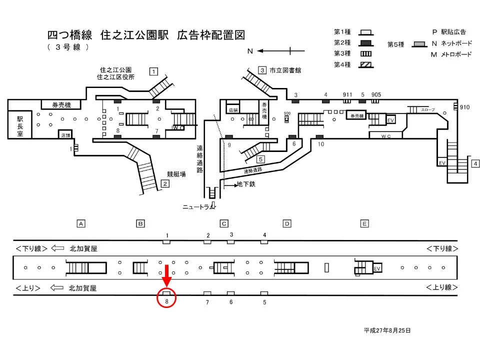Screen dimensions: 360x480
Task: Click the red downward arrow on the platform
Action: pyautogui.click(x=166, y=274)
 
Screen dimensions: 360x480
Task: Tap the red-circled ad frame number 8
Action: pyautogui.click(x=166, y=298)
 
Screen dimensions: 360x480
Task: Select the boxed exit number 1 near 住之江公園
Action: pyautogui.click(x=154, y=71)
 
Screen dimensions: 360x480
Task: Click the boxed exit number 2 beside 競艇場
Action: pyautogui.click(x=164, y=183)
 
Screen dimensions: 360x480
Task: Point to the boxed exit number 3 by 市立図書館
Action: pyautogui.click(x=261, y=70)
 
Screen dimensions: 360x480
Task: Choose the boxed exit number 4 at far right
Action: pyautogui.click(x=475, y=163)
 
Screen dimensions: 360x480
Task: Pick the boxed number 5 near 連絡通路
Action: pyautogui.click(x=260, y=159)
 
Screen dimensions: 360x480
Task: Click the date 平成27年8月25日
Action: pyautogui.click(x=387, y=330)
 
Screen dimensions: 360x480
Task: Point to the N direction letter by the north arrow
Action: pyautogui.click(x=250, y=51)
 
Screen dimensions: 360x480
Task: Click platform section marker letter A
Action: pyautogui.click(x=80, y=223)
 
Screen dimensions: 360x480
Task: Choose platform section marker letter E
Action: pyautogui.click(x=364, y=223)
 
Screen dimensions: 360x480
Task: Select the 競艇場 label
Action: pyautogui.click(x=176, y=174)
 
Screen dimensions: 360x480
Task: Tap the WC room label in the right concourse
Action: pyautogui.click(x=385, y=135)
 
